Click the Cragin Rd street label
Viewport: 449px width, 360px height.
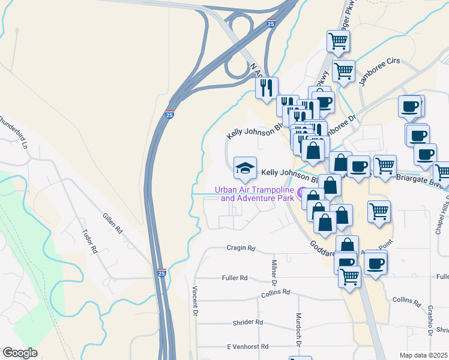pyautogui.click(x=241, y=248)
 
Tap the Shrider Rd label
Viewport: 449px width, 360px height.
pyautogui.click(x=248, y=322)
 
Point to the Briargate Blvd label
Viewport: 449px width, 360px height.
pyautogui.click(x=420, y=181)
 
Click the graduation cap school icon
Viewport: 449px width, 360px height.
pyautogui.click(x=245, y=168)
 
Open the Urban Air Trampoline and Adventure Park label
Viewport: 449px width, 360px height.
pyautogui.click(x=255, y=194)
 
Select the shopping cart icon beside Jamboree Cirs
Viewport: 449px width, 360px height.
pyautogui.click(x=344, y=70)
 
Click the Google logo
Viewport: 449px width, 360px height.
pyautogui.click(x=20, y=353)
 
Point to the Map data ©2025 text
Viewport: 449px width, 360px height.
pyautogui.click(x=423, y=355)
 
